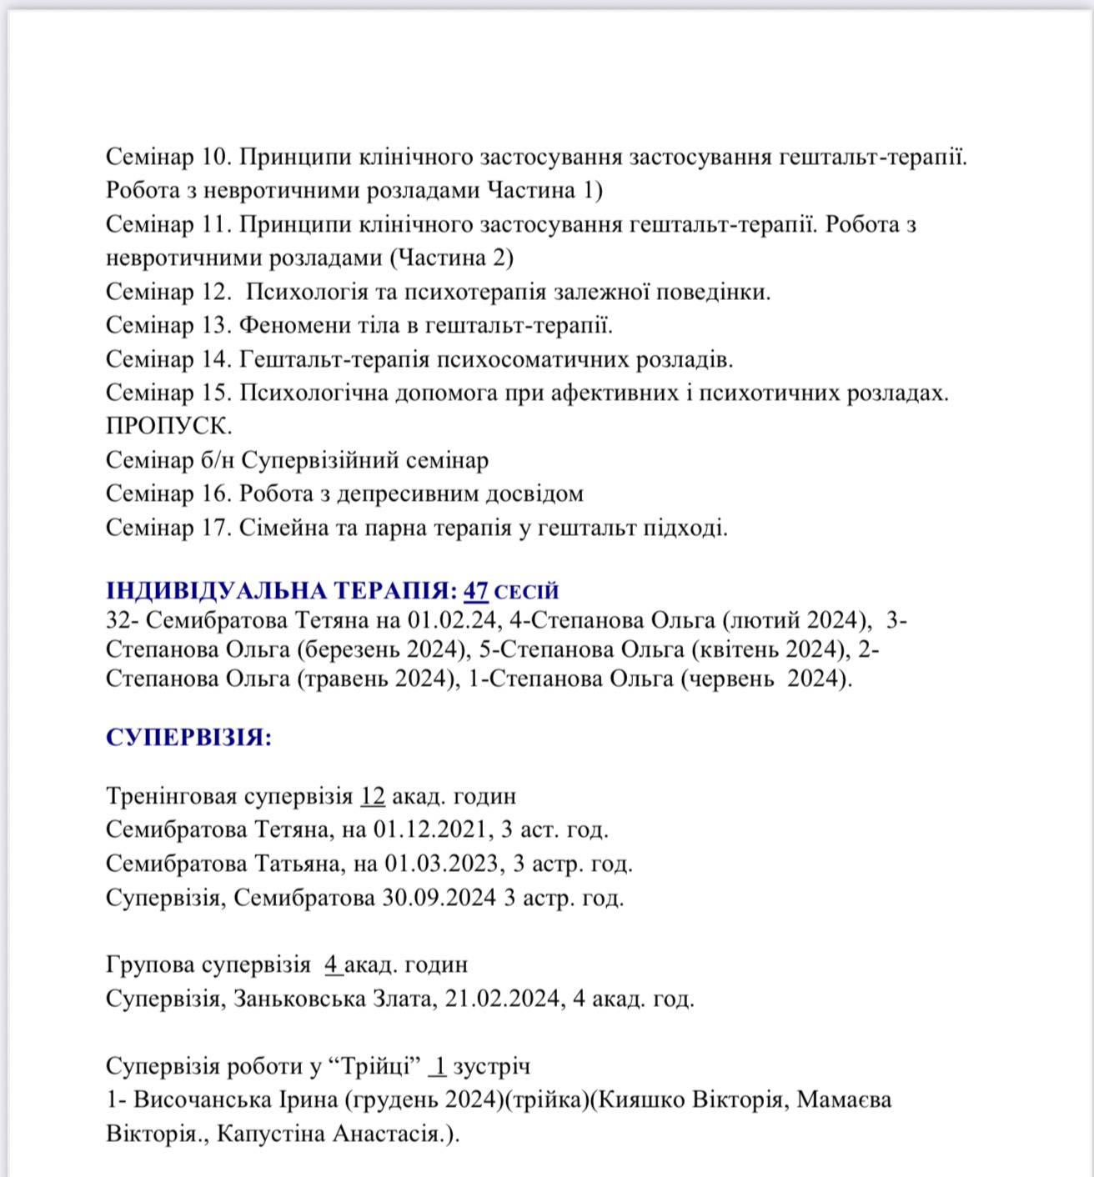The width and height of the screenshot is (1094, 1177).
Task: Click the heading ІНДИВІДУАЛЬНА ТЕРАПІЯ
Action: [x=281, y=592]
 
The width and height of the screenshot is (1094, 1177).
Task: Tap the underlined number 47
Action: [x=476, y=592]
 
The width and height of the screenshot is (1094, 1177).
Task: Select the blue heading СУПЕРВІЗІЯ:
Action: [x=188, y=738]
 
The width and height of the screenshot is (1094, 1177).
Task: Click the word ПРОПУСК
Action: [x=168, y=426]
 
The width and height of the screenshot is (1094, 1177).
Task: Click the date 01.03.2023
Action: [x=443, y=864]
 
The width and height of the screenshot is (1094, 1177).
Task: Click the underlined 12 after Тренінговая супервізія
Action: [x=373, y=796]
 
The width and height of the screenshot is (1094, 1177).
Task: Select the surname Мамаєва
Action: [x=844, y=1100]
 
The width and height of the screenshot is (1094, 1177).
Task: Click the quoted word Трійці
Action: [x=375, y=1066]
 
